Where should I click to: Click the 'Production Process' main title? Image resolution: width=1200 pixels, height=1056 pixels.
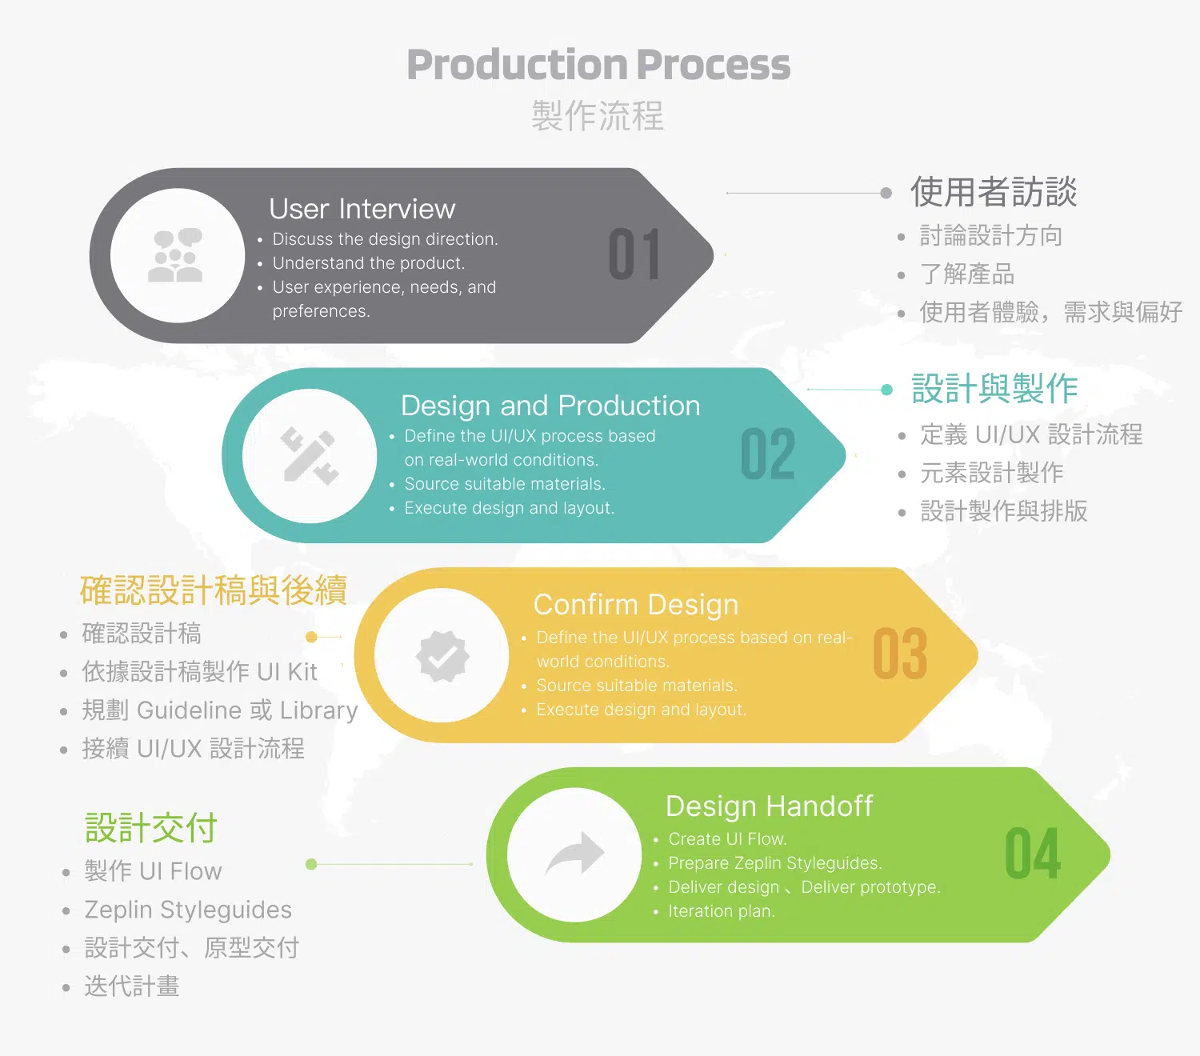(x=598, y=64)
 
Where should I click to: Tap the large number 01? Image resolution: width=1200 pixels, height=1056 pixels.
(x=634, y=255)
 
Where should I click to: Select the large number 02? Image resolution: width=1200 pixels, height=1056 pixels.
(x=768, y=454)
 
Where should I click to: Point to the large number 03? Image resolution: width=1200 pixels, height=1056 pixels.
(x=900, y=654)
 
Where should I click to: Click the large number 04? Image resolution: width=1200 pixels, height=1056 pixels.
(x=1033, y=854)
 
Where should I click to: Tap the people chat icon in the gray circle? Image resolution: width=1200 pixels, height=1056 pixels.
(x=177, y=255)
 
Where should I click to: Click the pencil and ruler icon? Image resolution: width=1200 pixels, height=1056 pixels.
(x=310, y=456)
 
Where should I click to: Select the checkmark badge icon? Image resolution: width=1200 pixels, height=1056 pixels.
(x=442, y=656)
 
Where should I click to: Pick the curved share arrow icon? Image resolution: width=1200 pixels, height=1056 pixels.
(x=574, y=854)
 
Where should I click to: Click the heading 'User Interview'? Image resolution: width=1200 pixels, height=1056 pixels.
(x=362, y=209)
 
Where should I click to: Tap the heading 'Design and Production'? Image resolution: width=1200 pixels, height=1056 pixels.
(x=550, y=406)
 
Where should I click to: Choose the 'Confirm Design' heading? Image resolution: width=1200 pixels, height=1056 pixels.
(x=635, y=605)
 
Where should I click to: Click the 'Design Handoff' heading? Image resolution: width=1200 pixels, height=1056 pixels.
(x=769, y=806)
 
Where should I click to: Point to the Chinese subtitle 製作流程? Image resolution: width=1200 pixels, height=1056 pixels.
(x=598, y=116)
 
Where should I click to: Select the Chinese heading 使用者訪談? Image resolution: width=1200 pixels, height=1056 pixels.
(x=994, y=192)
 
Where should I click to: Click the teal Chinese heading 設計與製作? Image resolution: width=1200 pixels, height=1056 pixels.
(x=994, y=390)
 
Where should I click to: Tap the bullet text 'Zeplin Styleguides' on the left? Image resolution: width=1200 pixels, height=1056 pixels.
(x=188, y=910)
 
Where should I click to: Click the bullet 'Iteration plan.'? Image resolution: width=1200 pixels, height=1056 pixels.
(x=721, y=911)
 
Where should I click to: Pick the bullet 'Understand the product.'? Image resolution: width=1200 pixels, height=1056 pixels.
(x=368, y=263)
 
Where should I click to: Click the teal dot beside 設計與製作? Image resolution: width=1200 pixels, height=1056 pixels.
(x=886, y=390)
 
